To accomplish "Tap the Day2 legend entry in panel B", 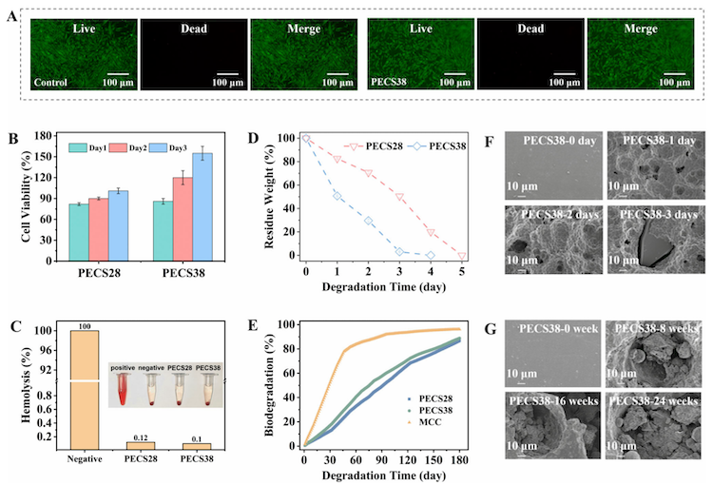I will pos(129,146).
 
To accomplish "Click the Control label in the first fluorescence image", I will pos(51,84).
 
